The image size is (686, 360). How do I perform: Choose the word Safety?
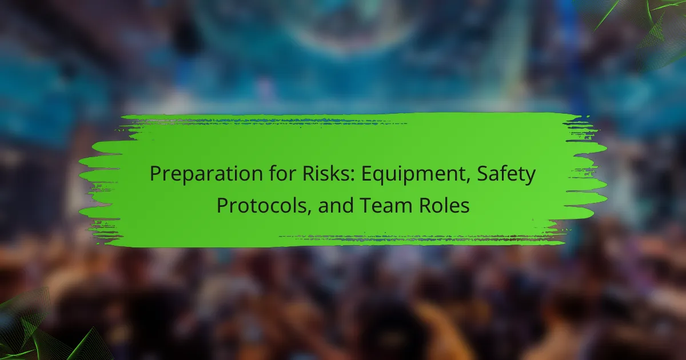coord(508,174)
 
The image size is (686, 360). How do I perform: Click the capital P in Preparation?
coord(155,174)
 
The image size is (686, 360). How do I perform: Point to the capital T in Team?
coord(366,205)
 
